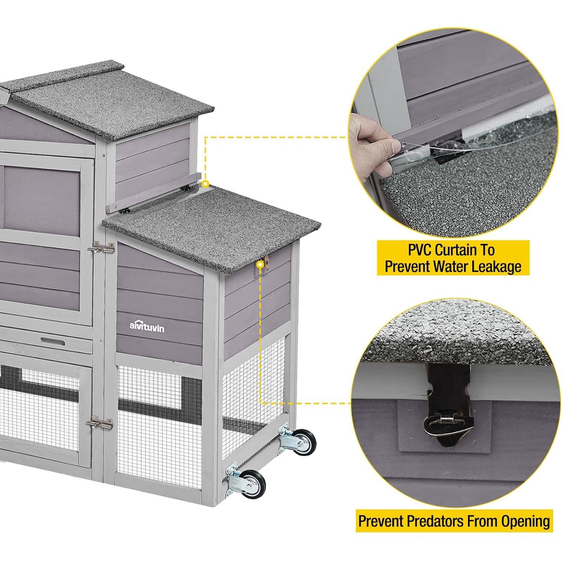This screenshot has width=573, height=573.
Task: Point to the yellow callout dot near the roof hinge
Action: (x=206, y=184)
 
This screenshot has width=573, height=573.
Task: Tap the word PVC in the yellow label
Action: (x=420, y=251)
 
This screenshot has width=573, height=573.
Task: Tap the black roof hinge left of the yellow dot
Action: (x=186, y=188)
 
